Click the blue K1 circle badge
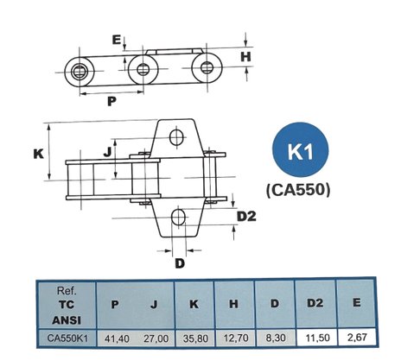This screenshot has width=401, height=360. [x=301, y=150]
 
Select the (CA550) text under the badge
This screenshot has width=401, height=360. [x=298, y=190]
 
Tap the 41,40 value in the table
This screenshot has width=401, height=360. [x=117, y=338]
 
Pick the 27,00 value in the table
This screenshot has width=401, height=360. [x=156, y=338]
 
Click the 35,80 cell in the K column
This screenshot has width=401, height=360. [x=195, y=338]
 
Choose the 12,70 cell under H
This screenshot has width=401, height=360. [x=236, y=338]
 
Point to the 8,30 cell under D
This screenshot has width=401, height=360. [x=276, y=338]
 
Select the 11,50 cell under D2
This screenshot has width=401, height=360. [x=317, y=338]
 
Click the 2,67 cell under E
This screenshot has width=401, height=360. [x=357, y=338]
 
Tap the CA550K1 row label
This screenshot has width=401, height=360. [x=67, y=338]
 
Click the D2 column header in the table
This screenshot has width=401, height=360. [x=315, y=303]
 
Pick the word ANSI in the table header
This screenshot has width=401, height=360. [x=67, y=320]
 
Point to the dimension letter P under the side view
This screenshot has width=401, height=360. [x=111, y=101]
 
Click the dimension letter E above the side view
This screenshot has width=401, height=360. [x=117, y=40]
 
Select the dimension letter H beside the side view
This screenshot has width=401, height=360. [x=245, y=57]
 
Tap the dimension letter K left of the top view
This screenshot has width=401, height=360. [x=38, y=154]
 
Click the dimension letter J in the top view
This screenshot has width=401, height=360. [x=107, y=152]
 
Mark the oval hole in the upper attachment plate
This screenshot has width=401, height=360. [x=176, y=137]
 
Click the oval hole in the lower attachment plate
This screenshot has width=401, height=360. [x=178, y=218]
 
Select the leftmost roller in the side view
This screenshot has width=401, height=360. [x=80, y=72]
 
